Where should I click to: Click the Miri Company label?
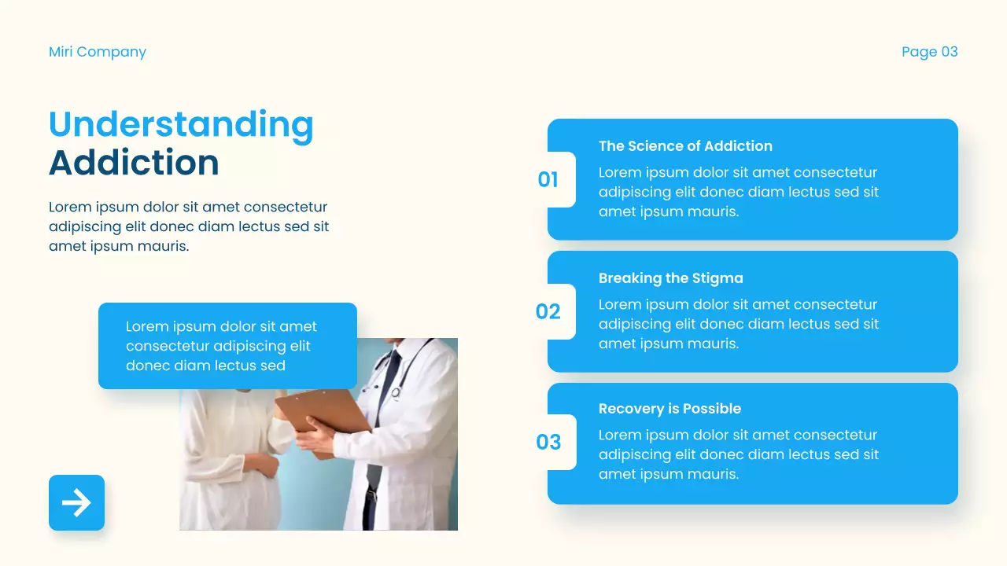tap(98, 52)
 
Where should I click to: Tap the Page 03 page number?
tap(929, 52)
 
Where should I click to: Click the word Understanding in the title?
tap(181, 124)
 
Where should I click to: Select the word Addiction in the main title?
tap(134, 163)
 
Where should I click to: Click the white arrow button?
tap(76, 502)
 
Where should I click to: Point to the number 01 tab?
tap(548, 180)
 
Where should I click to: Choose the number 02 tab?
tap(548, 312)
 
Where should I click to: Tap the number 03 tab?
tap(548, 443)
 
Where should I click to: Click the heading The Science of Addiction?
tap(685, 146)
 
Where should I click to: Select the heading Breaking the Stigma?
tap(670, 278)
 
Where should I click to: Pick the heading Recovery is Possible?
tap(669, 409)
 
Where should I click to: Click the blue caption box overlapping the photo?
tap(227, 346)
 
